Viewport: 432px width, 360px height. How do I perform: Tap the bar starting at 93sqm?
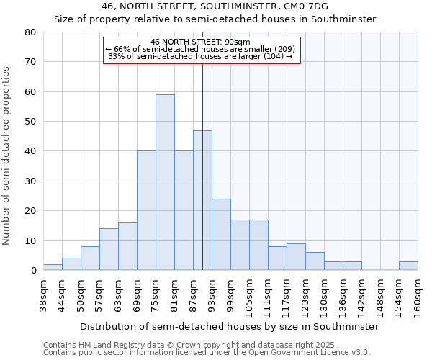221,234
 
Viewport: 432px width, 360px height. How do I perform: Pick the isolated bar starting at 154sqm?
408,266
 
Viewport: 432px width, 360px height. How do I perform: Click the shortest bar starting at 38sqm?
53,267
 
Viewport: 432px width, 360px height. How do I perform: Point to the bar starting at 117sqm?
296,257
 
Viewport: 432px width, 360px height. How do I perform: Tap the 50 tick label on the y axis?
30,122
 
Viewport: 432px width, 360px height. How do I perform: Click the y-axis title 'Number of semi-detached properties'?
6,156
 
